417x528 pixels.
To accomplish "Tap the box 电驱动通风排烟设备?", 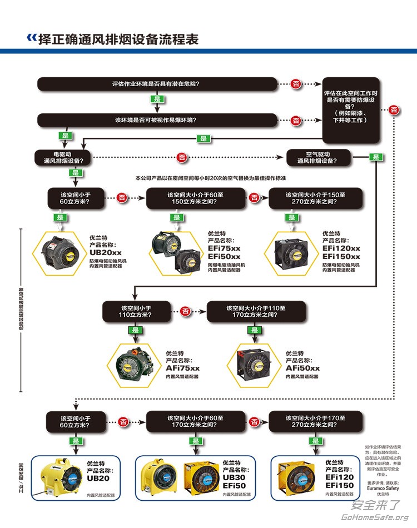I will [x=63, y=157].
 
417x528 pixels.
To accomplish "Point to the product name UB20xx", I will [x=106, y=252].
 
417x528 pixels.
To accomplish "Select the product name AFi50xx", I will [x=302, y=368].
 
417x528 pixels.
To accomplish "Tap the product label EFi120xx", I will [x=341, y=248].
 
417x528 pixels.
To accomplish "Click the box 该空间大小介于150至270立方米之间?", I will [x=315, y=198].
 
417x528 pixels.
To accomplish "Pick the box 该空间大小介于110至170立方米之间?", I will [x=256, y=311].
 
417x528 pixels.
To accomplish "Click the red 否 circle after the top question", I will [x=296, y=84].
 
